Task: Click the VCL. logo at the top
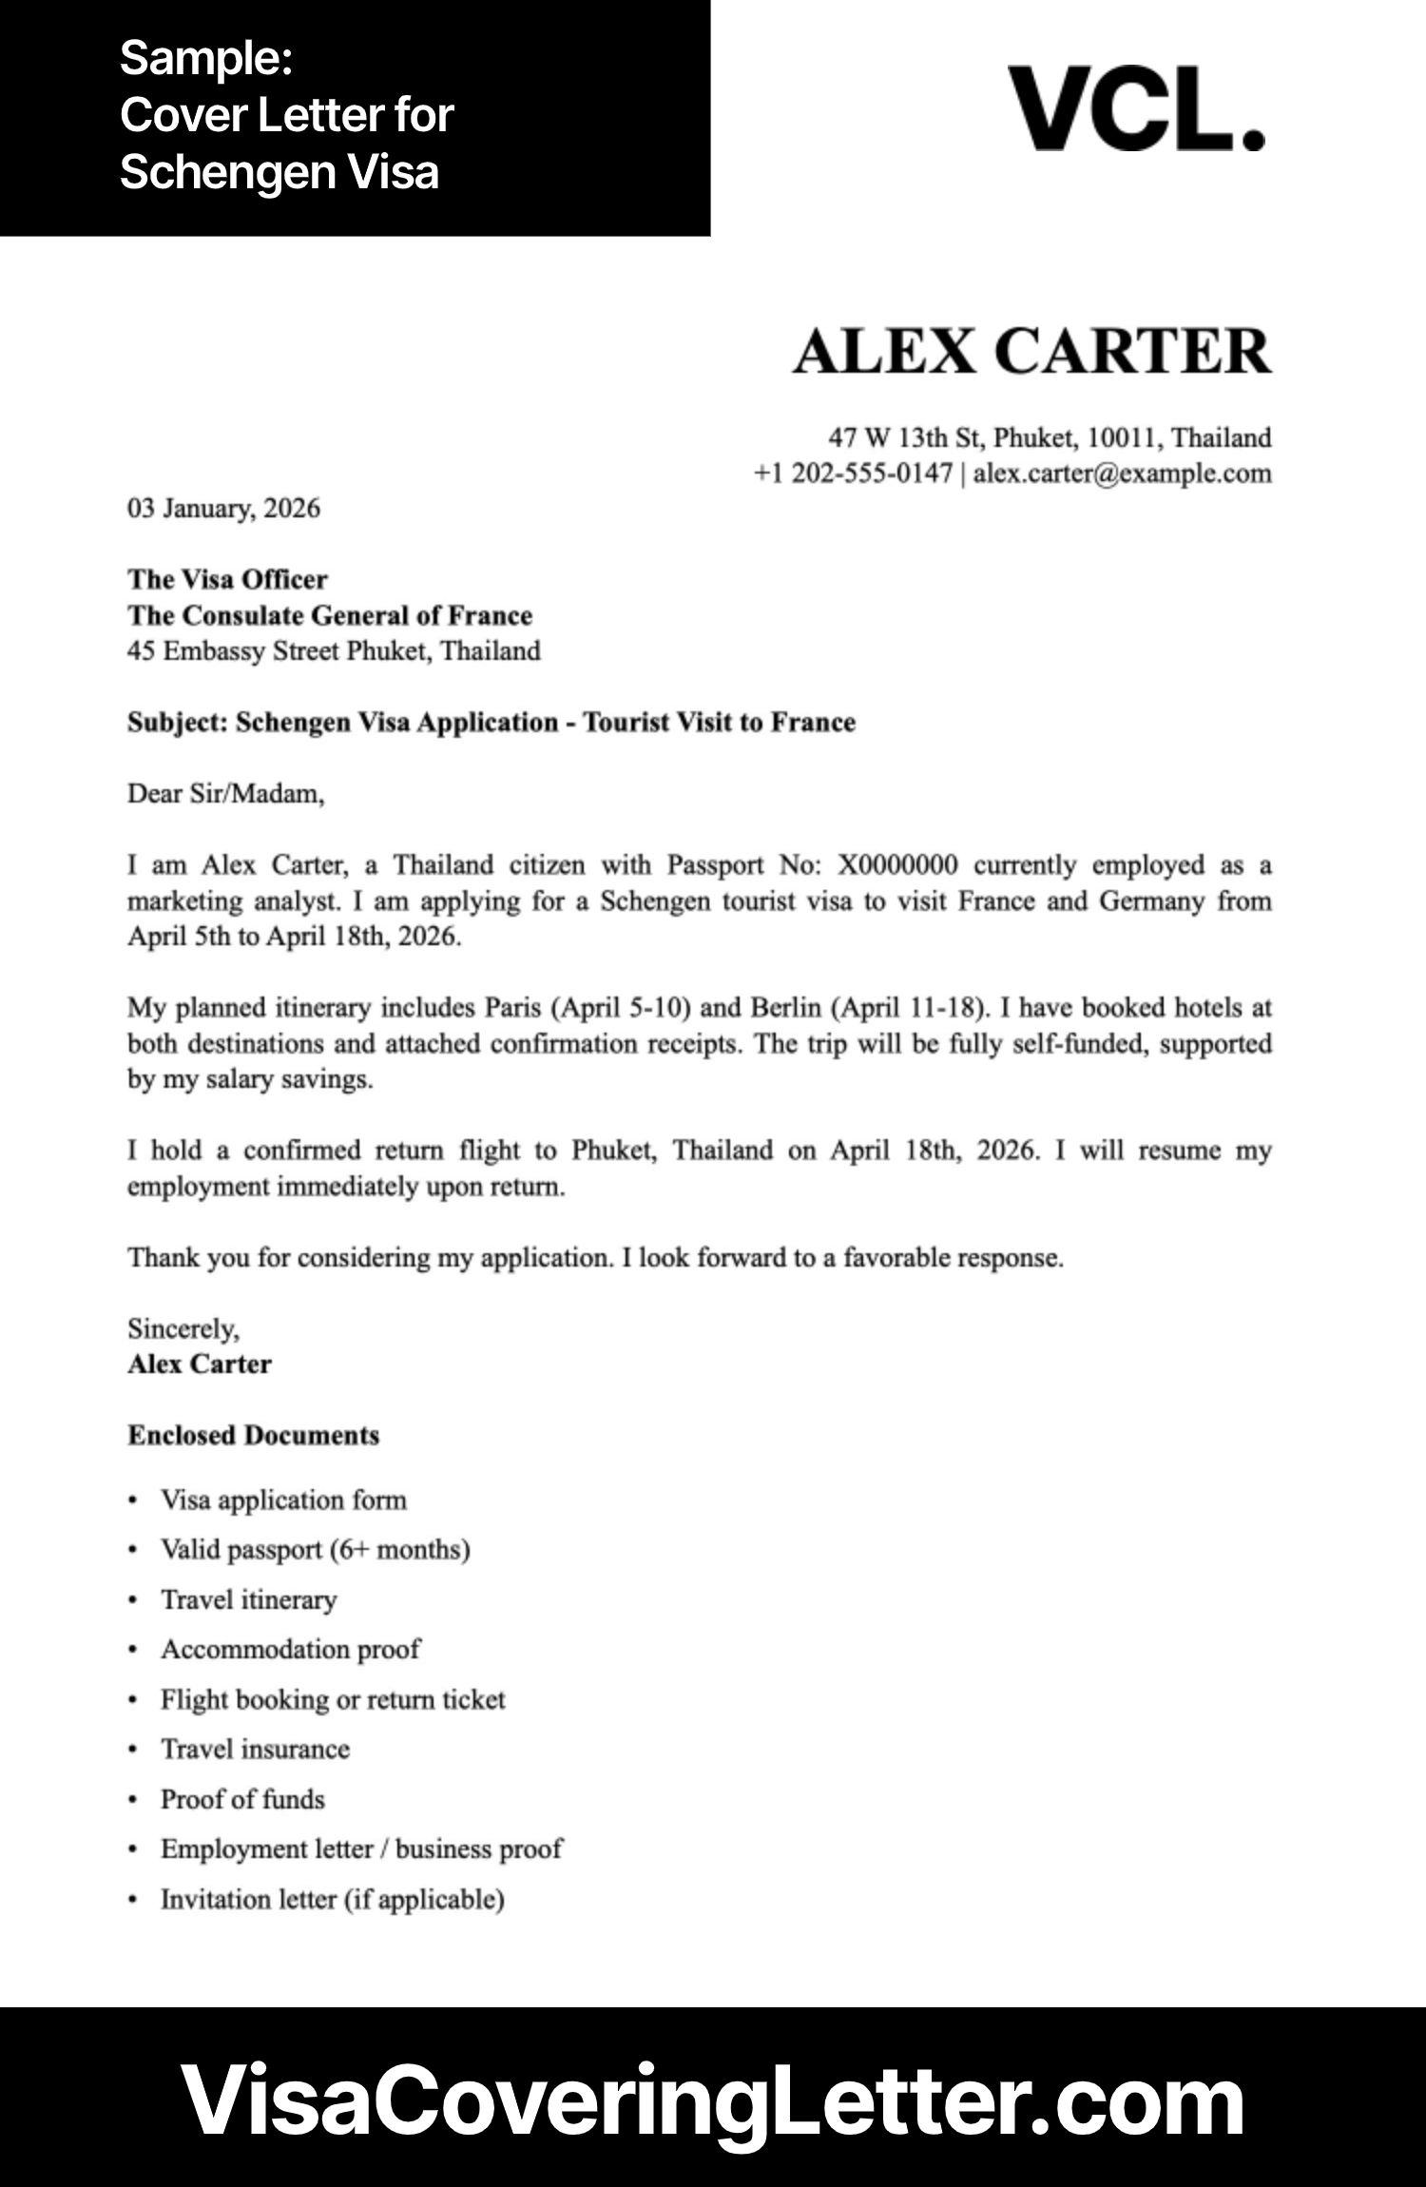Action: (x=1136, y=109)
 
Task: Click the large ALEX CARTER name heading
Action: (x=1031, y=351)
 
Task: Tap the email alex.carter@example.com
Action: (x=1122, y=474)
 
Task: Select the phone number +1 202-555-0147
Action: (x=853, y=474)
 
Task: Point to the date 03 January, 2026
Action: (x=223, y=508)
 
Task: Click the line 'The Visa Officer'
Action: (x=227, y=579)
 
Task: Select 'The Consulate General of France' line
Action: (x=330, y=615)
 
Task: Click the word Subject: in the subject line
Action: (x=178, y=723)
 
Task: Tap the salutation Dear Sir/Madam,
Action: (x=225, y=793)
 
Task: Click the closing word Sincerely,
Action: (x=183, y=1328)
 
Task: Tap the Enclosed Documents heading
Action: (x=253, y=1435)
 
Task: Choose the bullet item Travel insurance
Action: (x=255, y=1749)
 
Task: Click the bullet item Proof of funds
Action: (x=242, y=1799)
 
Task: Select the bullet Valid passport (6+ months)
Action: (x=315, y=1550)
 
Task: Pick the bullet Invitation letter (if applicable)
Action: (x=332, y=1899)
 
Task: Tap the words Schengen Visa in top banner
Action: (x=279, y=172)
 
